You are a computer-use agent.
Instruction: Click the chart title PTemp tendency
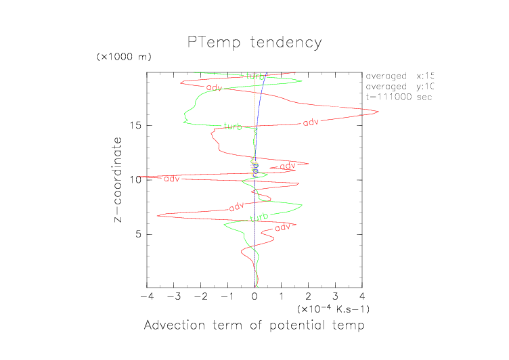255,43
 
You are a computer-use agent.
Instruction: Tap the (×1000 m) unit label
124,56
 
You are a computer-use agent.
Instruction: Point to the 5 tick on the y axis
137,234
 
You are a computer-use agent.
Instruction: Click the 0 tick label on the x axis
255,296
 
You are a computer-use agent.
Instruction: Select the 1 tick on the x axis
282,296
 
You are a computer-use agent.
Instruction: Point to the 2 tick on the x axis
308,296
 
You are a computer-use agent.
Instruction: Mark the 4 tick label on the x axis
362,296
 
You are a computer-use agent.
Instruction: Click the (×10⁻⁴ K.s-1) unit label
332,309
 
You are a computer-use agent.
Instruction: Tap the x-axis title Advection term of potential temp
255,326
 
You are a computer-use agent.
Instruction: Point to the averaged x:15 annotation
399,76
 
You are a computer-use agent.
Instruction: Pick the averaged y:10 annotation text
399,87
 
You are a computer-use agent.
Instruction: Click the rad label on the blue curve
255,169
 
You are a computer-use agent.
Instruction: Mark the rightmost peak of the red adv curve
377,112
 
